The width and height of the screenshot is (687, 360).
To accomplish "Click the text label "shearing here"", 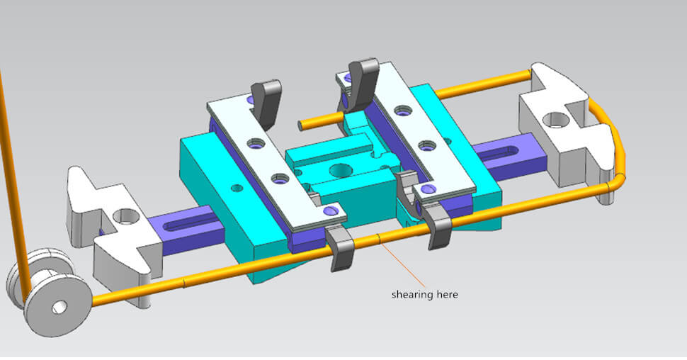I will click(424, 294).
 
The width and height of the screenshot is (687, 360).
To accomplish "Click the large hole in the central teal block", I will click(341, 170).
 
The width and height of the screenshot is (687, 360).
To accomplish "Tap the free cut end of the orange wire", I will click(301, 125).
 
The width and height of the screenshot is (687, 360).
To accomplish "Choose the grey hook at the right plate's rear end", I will click(361, 78).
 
